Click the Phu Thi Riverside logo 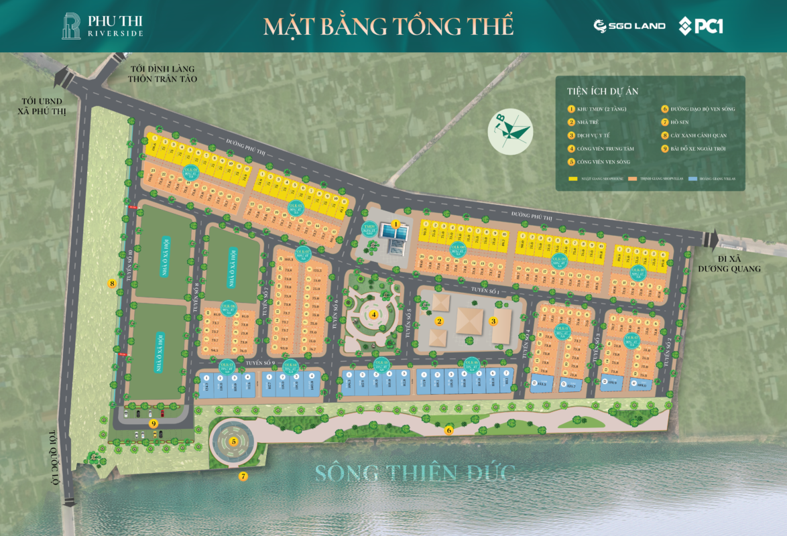pyautogui.click(x=102, y=25)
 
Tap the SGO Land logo pyautogui.click(x=629, y=25)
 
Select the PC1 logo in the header pyautogui.click(x=701, y=25)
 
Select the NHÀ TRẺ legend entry pyautogui.click(x=587, y=122)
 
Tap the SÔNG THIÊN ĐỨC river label pyautogui.click(x=416, y=473)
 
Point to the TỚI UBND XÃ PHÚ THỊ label pyautogui.click(x=43, y=105)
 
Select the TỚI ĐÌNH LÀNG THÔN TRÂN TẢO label pyautogui.click(x=163, y=74)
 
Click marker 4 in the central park pyautogui.click(x=375, y=314)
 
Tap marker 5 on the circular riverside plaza pyautogui.click(x=233, y=442)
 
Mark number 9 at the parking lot pyautogui.click(x=154, y=423)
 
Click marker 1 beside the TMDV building pyautogui.click(x=396, y=224)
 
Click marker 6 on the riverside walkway pyautogui.click(x=449, y=430)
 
